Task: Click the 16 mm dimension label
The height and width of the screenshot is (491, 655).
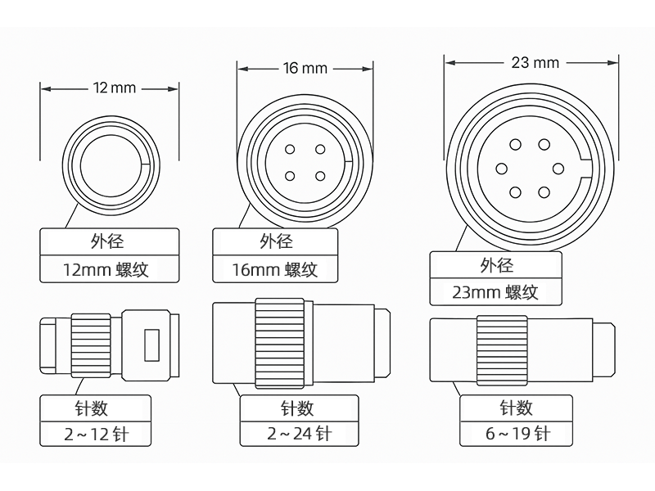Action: coord(305,68)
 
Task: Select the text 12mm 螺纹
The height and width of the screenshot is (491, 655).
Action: coord(109,269)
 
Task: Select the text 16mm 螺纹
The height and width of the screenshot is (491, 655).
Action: coord(274,269)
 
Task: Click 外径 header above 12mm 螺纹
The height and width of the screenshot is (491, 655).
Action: coord(109,241)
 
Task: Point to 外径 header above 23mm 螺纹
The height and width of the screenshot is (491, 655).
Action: coord(495,265)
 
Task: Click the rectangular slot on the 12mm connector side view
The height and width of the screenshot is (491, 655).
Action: coord(149,345)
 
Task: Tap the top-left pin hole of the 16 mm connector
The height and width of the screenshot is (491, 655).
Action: coord(290,150)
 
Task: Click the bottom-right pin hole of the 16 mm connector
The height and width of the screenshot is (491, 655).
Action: coord(319,175)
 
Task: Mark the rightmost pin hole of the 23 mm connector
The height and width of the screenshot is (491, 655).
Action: coord(558,169)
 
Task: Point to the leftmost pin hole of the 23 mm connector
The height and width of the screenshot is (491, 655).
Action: coord(502,169)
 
